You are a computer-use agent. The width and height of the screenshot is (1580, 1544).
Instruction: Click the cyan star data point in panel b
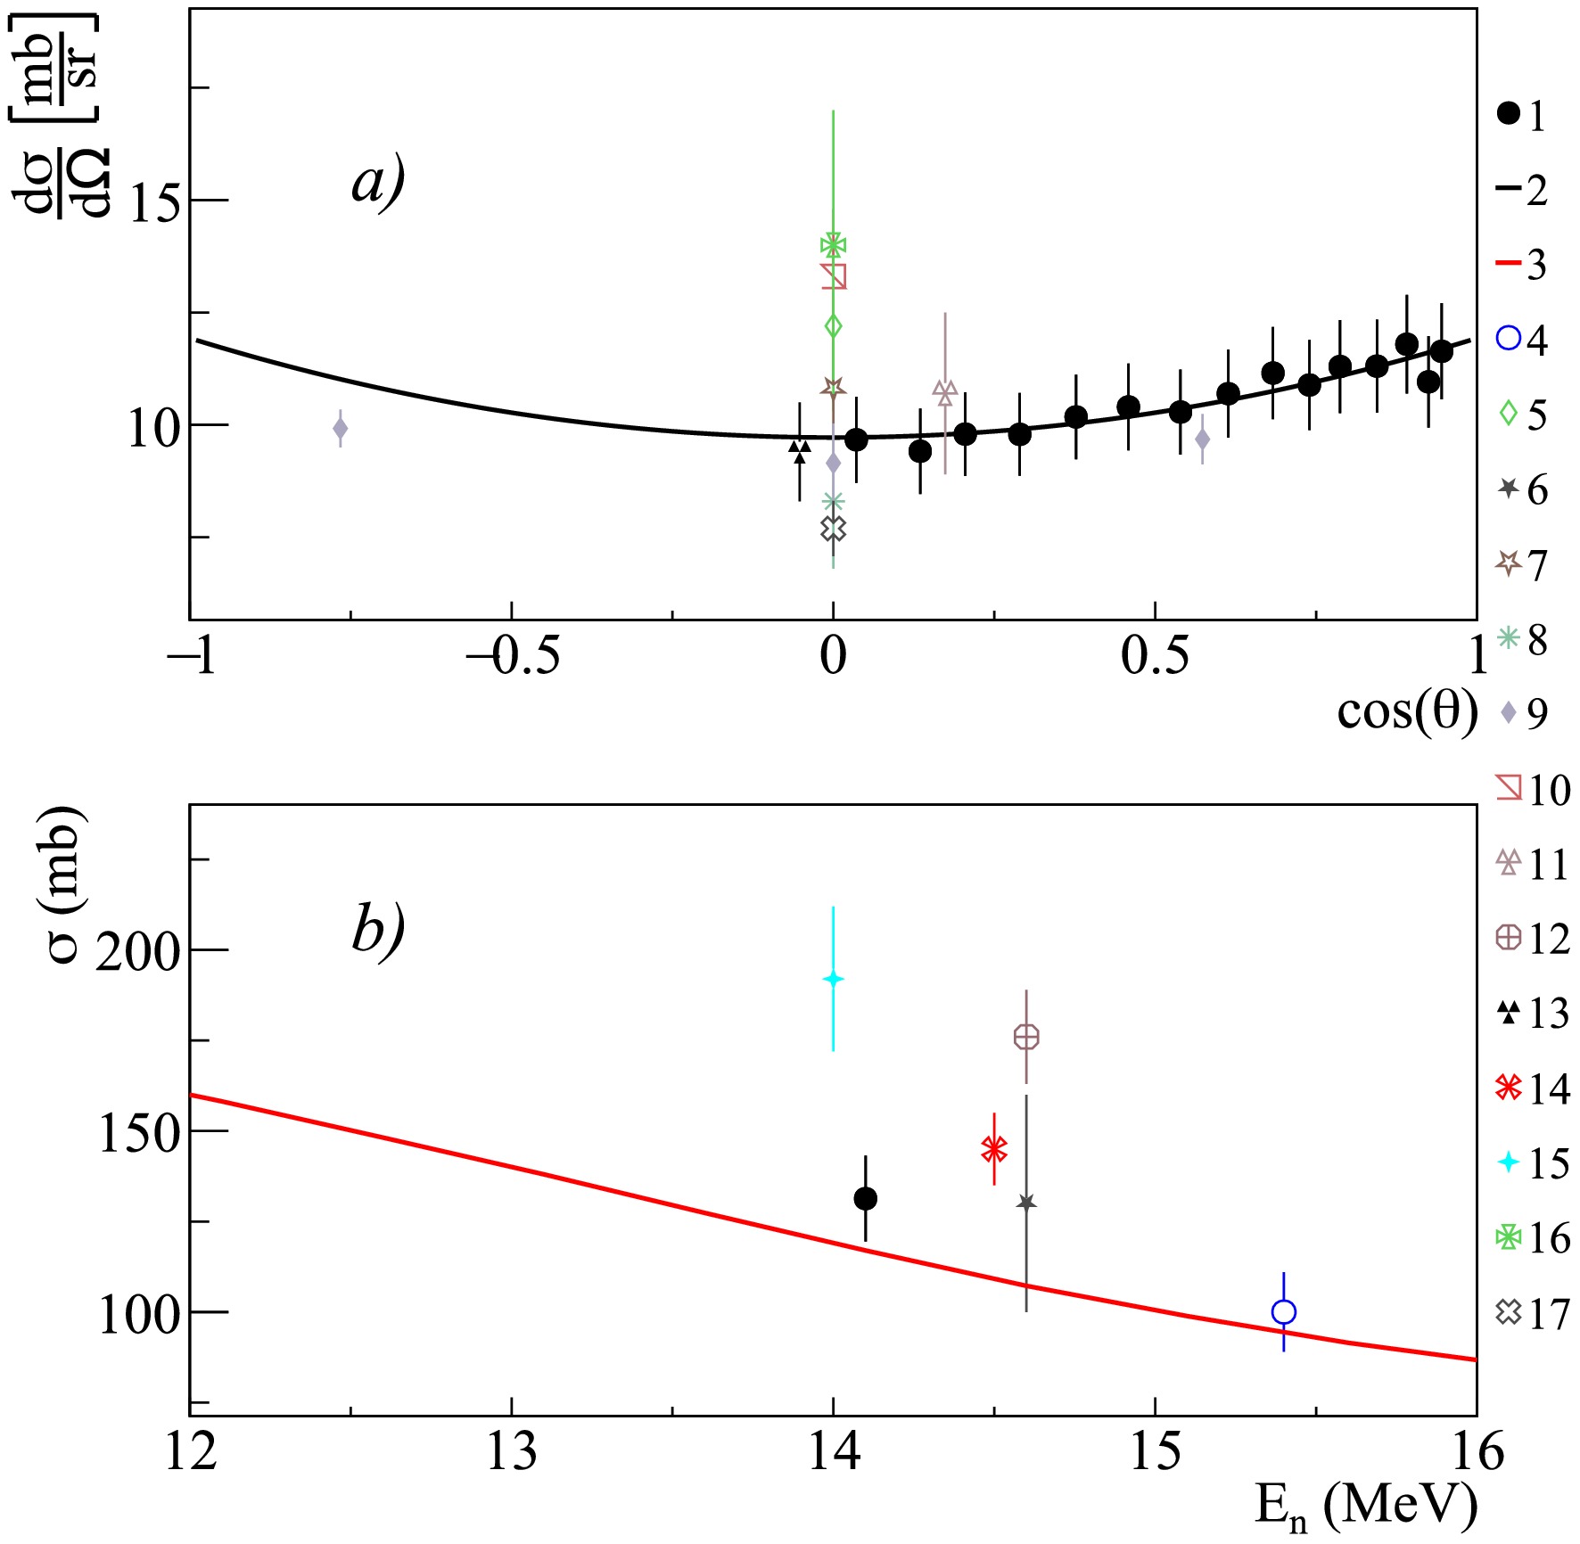[833, 979]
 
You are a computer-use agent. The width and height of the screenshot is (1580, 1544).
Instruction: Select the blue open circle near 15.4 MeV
[1283, 1312]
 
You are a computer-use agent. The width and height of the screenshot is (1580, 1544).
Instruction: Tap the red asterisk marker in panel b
[994, 1149]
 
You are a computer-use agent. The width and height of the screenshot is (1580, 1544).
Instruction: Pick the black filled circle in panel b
[865, 1199]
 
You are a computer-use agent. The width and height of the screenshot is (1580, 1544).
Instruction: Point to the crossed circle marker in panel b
[1026, 1037]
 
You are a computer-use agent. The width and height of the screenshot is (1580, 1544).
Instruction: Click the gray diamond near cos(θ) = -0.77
[340, 429]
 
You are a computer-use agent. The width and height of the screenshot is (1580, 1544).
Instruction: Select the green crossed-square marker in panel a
[833, 245]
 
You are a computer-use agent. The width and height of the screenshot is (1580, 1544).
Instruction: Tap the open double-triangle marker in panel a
[945, 391]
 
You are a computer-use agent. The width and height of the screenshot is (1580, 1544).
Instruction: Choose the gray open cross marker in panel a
[833, 529]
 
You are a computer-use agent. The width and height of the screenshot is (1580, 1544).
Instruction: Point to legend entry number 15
[1534, 1162]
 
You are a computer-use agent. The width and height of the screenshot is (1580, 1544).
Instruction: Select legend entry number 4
[1523, 339]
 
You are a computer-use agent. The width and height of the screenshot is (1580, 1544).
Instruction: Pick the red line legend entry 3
[1523, 264]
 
